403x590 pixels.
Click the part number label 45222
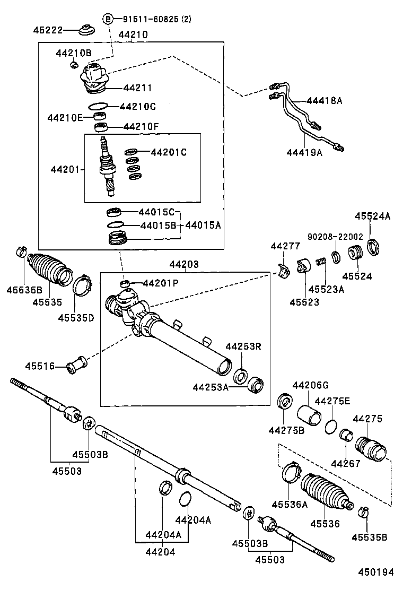click(x=48, y=30)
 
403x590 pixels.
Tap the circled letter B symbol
click(x=108, y=19)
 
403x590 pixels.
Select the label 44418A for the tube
click(x=325, y=100)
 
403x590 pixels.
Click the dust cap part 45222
click(x=87, y=30)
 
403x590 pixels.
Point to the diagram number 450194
click(x=375, y=572)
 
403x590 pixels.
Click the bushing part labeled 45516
click(x=77, y=365)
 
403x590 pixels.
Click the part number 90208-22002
click(x=335, y=236)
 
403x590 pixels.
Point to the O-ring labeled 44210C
click(x=99, y=106)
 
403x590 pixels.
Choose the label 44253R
click(x=243, y=346)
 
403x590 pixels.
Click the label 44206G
click(x=311, y=385)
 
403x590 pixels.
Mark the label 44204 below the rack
click(x=160, y=552)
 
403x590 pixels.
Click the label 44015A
click(x=203, y=225)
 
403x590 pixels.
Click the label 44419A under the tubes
click(x=304, y=152)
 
